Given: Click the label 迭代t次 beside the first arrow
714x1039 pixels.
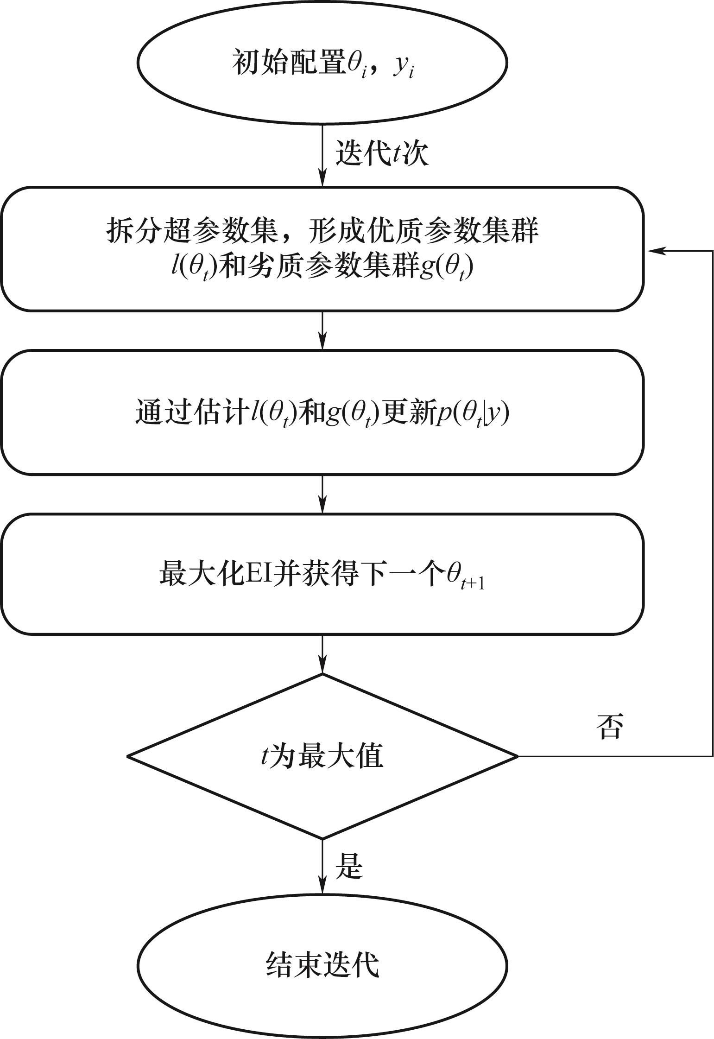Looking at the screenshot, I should (381, 152).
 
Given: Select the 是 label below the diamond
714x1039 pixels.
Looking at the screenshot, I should (348, 866).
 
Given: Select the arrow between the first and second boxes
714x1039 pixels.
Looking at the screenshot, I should (322, 330).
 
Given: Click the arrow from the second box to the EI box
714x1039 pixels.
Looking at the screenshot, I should (322, 494).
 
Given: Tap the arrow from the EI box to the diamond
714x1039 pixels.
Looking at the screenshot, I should (322, 653).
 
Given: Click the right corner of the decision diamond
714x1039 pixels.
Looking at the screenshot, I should (516, 756).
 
